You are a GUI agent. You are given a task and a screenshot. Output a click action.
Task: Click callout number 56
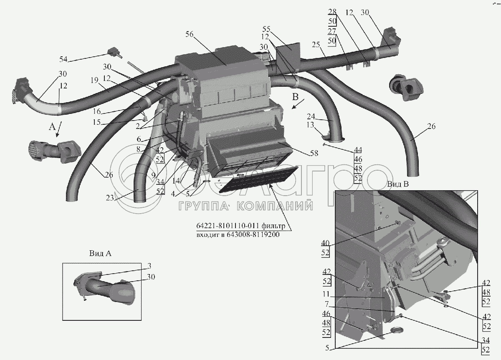pyautogui.click(x=189, y=34)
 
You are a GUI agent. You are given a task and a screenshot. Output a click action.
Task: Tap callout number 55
pyautogui.click(x=266, y=29)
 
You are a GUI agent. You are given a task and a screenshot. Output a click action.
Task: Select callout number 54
pyautogui.click(x=63, y=59)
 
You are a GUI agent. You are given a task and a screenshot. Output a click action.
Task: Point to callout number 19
pyautogui.click(x=94, y=80)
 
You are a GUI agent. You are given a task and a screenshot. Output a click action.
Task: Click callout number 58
pyautogui.click(x=314, y=153)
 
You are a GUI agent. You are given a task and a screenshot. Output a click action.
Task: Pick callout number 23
pyautogui.click(x=110, y=198)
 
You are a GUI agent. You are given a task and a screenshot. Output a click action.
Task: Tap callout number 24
pyautogui.click(x=311, y=116)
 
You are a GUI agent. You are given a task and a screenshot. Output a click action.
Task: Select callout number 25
pyautogui.click(x=316, y=45)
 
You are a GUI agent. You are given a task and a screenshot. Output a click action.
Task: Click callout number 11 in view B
pyautogui.click(x=326, y=294)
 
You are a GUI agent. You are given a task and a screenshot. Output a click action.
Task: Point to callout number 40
pyautogui.click(x=325, y=243)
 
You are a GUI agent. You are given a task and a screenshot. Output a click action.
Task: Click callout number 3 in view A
pyautogui.click(x=149, y=266)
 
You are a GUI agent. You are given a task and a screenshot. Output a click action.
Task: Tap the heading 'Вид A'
pyautogui.click(x=100, y=253)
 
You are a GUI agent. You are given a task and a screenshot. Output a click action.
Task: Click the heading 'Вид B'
pyautogui.click(x=398, y=184)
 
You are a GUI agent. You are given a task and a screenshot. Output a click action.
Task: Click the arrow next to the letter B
pyautogui.click(x=298, y=104)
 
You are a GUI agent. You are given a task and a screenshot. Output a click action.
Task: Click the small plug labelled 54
pyautogui.click(x=114, y=53)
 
